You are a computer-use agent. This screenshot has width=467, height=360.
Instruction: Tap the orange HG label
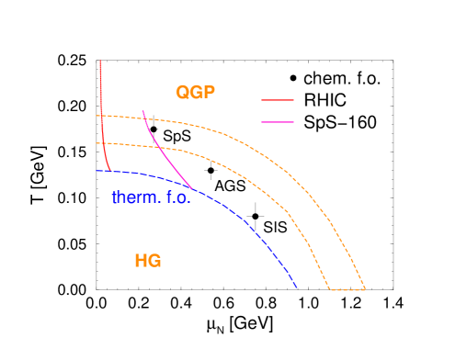pyautogui.click(x=148, y=261)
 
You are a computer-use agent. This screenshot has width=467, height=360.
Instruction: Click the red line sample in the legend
pyautogui.click(x=278, y=99)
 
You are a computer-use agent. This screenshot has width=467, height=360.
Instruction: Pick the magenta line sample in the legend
pyautogui.click(x=278, y=121)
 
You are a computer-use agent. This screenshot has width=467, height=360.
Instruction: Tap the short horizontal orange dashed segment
pyautogui.click(x=347, y=290)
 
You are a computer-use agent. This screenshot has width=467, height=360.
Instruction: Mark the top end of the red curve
pyautogui.click(x=100, y=61)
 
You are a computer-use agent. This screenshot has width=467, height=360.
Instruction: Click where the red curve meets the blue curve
pyautogui.click(x=111, y=171)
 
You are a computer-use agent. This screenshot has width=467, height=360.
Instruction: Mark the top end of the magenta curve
pyautogui.click(x=142, y=111)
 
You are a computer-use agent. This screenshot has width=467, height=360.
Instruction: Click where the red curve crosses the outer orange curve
pyautogui.click(x=101, y=116)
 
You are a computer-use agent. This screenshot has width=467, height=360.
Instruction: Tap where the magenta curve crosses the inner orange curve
pyautogui.click(x=158, y=147)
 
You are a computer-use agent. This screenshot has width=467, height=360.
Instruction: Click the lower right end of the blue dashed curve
pyautogui.click(x=297, y=287)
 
